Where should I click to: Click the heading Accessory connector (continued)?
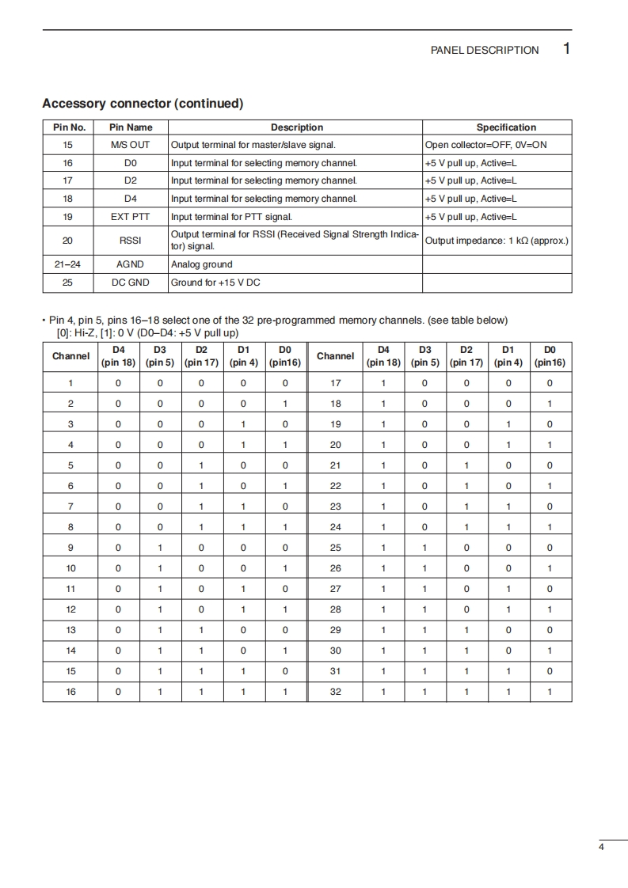click(143, 104)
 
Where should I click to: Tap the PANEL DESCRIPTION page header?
click(484, 50)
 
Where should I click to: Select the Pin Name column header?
click(131, 127)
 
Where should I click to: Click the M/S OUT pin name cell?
click(131, 145)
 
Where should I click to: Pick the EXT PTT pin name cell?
click(131, 217)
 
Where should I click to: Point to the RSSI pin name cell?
click(131, 240)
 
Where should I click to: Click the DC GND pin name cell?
click(131, 283)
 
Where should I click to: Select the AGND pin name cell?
click(131, 264)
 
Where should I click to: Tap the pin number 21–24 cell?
click(67, 264)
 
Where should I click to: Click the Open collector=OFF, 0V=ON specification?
click(485, 145)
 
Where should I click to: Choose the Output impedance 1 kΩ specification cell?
click(497, 240)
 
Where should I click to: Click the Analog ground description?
click(202, 264)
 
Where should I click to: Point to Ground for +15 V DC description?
click(215, 283)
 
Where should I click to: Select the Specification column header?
click(506, 127)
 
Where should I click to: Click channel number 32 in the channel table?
click(335, 692)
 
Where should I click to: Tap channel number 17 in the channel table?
click(335, 383)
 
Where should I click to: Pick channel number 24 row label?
click(335, 527)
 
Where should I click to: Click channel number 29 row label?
click(335, 630)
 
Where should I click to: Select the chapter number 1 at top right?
click(566, 48)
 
